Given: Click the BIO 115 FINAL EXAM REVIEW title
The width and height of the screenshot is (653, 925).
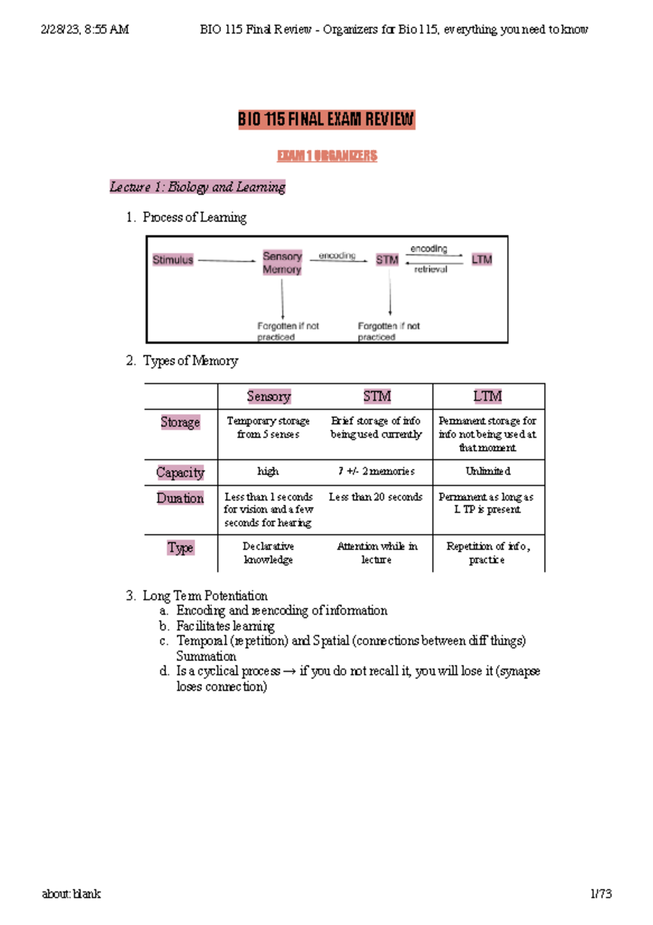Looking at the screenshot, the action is point(326,119).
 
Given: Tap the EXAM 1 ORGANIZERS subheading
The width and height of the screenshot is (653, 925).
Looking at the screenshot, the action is point(327,156).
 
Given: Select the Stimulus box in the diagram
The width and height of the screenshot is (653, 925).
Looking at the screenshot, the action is point(173,260).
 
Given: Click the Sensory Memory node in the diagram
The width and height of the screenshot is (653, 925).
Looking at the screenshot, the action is point(282,263).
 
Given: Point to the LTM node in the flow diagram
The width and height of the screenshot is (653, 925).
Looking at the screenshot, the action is point(482,260).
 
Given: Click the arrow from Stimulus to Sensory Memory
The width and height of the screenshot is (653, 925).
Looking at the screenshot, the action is point(226,261).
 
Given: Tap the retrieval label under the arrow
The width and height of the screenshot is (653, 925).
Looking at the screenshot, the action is point(430,269).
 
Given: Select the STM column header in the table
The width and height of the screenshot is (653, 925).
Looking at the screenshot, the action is point(377,397).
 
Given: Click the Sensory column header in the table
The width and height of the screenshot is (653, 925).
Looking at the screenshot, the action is point(269,397).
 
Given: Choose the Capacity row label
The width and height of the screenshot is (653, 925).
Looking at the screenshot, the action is point(180,472).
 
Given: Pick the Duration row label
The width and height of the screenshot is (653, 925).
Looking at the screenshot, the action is point(180,498).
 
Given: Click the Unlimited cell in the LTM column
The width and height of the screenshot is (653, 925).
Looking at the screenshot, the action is point(488,472).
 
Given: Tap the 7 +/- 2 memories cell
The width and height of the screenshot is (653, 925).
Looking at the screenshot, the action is point(376,472).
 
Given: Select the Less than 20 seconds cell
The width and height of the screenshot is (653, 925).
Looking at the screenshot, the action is point(375,497).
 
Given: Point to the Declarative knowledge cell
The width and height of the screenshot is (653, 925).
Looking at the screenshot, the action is point(268,553).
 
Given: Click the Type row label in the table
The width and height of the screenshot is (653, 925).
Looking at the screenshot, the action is point(181,548).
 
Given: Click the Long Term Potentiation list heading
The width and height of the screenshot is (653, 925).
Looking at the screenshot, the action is point(205,596).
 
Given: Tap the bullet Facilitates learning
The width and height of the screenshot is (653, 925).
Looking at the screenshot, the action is point(225,626).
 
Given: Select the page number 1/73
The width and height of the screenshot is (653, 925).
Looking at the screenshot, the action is point(601,894).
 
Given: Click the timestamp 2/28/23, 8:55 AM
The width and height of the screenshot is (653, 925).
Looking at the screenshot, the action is point(85,29).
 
